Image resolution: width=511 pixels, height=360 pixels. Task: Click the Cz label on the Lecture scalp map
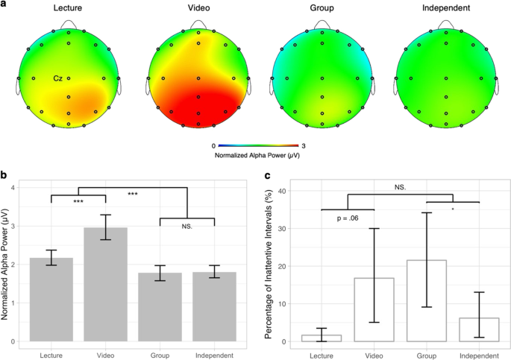coord(57,78)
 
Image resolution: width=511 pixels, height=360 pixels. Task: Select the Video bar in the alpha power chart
coord(105,284)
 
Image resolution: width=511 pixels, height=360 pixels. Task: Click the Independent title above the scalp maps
coord(445,8)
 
